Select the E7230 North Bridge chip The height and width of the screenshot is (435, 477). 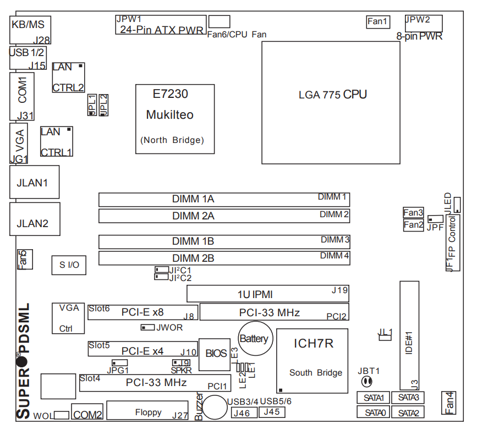tap(174, 119)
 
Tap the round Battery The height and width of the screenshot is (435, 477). tap(253, 338)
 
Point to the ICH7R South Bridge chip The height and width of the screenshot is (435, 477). tap(312, 360)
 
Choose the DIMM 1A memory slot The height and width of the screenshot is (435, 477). tap(224, 199)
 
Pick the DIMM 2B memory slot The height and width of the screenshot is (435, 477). tap(224, 258)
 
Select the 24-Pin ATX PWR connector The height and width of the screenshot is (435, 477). tap(160, 25)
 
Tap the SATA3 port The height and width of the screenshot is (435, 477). tap(408, 398)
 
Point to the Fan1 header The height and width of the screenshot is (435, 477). tap(378, 22)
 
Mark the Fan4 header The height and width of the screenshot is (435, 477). tap(449, 403)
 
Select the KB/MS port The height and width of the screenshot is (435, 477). tap(31, 30)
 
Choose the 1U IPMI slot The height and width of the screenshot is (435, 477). tap(267, 294)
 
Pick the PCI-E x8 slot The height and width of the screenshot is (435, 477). tap(142, 312)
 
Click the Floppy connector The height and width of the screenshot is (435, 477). tap(148, 411)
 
